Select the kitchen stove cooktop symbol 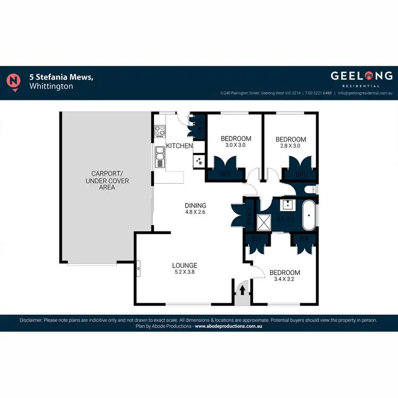[x=159, y=131]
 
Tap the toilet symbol [x=311, y=189]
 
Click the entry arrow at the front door [x=243, y=290]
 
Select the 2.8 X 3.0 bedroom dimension [x=291, y=146]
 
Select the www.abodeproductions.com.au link [x=229, y=326]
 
